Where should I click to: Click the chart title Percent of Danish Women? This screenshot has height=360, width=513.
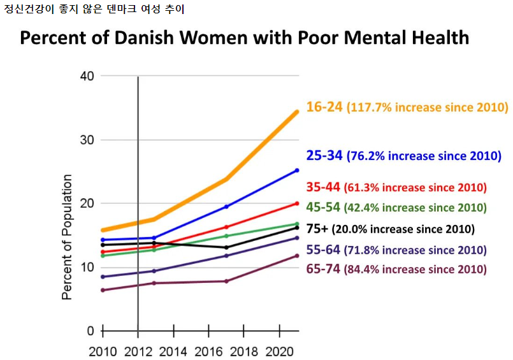coord(244,38)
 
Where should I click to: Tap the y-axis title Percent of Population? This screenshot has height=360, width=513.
coord(67,237)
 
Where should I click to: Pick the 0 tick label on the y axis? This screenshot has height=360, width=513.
coord(90,331)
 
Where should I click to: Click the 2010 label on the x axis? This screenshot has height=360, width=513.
coord(102,351)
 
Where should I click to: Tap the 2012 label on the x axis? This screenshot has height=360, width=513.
coord(138,351)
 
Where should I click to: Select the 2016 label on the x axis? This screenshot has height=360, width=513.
coord(209,351)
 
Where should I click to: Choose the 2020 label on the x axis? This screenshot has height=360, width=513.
coord(280,351)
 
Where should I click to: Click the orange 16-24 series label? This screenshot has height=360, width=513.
coord(325,107)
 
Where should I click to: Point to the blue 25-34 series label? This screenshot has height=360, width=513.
coord(325,155)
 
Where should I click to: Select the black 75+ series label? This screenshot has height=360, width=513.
coord(317,229)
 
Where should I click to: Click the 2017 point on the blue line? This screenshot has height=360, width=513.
coord(226,206)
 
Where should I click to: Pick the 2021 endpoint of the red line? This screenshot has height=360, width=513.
coord(298,204)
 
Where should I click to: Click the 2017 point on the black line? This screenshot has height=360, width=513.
coord(226,247)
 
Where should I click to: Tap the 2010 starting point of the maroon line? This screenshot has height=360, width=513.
coord(103,291)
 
